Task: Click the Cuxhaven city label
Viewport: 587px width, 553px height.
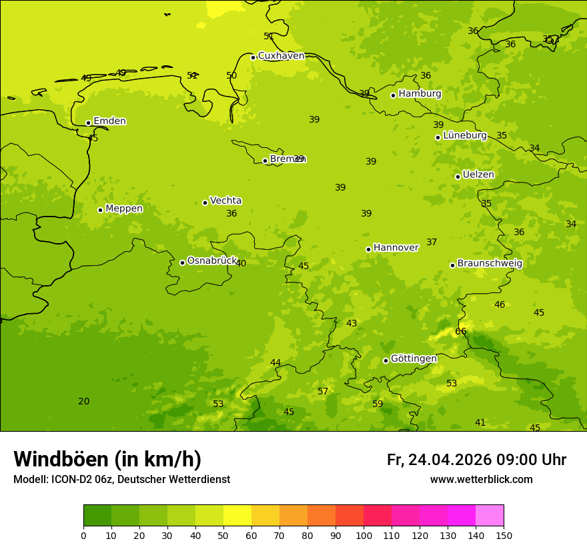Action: [x=281, y=56]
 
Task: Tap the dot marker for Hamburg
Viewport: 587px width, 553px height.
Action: [x=394, y=95]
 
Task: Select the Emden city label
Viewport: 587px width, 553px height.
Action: [x=109, y=121]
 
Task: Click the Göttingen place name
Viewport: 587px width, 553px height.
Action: [x=414, y=358]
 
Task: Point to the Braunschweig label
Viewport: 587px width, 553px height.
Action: [x=490, y=264]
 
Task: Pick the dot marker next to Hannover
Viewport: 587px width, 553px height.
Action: [x=368, y=249]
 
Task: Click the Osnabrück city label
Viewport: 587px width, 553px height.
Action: [x=212, y=261]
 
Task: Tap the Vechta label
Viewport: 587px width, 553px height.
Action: [x=225, y=201]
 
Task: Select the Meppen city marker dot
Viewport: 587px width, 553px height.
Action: [x=100, y=210]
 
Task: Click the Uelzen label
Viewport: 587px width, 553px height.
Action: [x=478, y=175]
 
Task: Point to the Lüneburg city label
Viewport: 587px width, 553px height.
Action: [x=465, y=135]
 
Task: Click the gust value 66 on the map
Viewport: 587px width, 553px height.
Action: [x=461, y=331]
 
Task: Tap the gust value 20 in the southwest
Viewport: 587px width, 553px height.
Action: [x=83, y=401]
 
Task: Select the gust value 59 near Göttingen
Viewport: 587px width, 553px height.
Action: [x=378, y=404]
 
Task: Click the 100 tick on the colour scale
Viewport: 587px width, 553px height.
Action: [x=364, y=535]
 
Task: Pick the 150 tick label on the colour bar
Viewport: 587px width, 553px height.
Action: [x=503, y=535]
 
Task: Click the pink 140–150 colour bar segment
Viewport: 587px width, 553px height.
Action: [x=490, y=516]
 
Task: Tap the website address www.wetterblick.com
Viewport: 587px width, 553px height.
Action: [x=481, y=480]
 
